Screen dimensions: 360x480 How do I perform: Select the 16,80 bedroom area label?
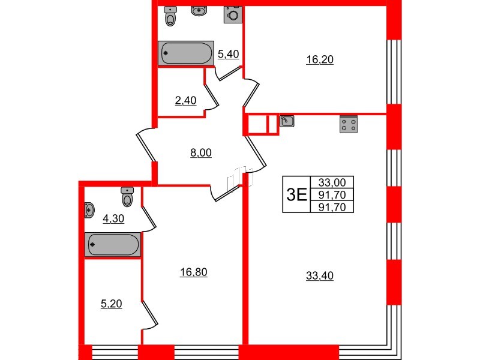point(193,273)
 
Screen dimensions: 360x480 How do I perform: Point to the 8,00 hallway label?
point(201,152)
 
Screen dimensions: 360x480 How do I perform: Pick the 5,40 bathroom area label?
point(229,55)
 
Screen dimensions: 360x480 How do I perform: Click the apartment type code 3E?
point(296,194)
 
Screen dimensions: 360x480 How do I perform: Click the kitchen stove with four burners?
point(348,123)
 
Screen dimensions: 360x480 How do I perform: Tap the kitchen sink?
point(287,121)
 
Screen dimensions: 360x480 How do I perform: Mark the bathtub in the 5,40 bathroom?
point(186,53)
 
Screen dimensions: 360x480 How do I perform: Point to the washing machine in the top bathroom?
point(233,14)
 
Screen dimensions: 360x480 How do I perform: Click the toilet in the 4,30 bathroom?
point(127,196)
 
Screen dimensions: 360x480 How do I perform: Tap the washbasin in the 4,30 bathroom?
point(89,210)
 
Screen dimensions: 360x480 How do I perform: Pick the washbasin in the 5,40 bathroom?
point(199,11)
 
